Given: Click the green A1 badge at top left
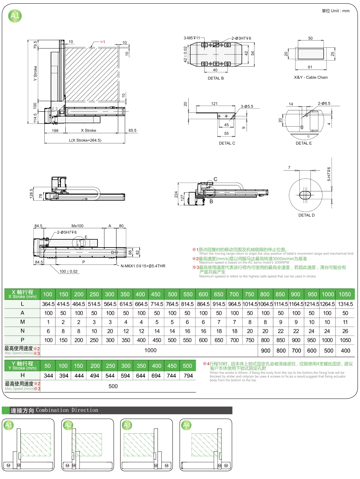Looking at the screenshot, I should (15, 16).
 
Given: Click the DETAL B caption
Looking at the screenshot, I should (216, 78).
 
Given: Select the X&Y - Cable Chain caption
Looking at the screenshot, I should (311, 77).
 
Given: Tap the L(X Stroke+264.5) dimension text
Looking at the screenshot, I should (85, 140).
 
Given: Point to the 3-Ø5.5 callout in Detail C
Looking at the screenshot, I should (247, 106).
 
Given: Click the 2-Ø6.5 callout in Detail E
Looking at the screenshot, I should (324, 103).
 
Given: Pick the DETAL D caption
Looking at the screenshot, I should (306, 215).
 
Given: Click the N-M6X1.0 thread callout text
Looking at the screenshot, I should (143, 266).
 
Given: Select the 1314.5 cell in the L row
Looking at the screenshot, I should (345, 304).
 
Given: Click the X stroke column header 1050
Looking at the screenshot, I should (345, 294).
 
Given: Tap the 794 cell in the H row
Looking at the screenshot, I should (188, 376).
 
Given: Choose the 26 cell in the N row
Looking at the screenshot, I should (345, 331).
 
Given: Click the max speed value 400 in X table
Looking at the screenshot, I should (345, 351).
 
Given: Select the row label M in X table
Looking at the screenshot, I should (22, 322).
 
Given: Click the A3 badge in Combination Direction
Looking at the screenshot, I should (127, 425).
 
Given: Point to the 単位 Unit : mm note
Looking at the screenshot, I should (335, 11).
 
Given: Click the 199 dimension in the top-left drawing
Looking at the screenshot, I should (55, 130).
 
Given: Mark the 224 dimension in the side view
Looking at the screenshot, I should (176, 194).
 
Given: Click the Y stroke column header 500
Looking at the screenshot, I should (187, 366).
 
